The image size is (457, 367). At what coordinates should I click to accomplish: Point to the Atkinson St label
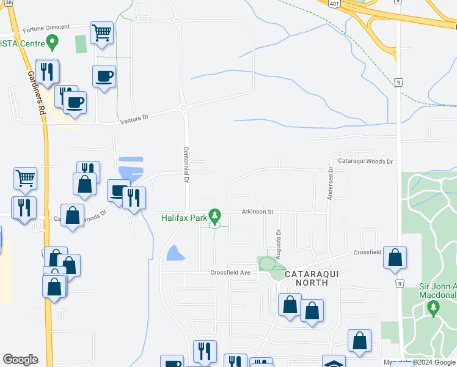tap(257, 212)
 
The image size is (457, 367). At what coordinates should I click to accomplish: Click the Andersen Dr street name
tap(330, 184)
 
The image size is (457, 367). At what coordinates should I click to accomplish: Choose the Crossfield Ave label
tap(231, 273)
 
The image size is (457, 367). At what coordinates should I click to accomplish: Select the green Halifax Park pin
tap(214, 215)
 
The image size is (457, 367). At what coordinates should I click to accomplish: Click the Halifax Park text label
tap(183, 218)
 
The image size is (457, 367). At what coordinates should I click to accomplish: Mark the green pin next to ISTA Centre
tap(53, 43)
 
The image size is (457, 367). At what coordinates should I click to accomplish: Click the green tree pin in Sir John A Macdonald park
tap(434, 307)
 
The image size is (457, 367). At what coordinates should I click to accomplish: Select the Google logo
tap(20, 360)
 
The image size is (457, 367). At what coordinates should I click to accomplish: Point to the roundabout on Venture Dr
tap(183, 108)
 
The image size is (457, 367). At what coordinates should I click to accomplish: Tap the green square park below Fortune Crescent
tap(81, 44)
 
